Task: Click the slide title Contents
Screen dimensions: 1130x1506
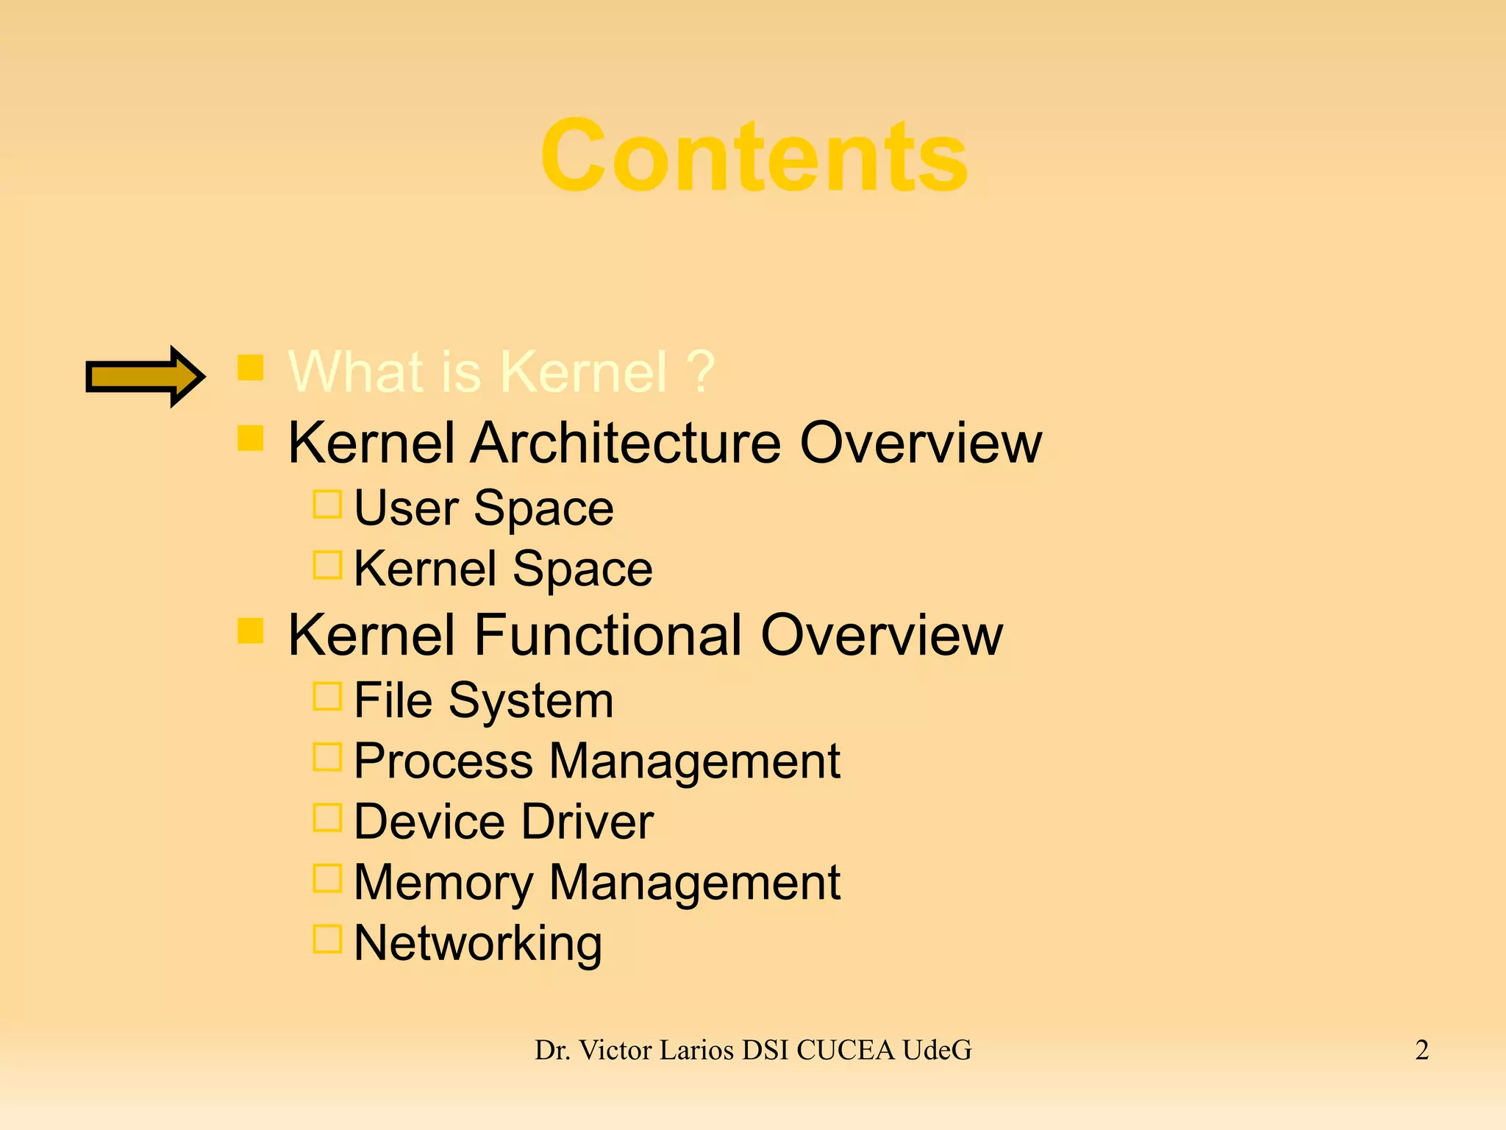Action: [754, 156]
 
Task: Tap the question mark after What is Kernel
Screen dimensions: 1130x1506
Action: [702, 372]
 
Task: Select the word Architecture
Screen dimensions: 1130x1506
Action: [625, 443]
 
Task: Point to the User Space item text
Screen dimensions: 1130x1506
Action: [483, 508]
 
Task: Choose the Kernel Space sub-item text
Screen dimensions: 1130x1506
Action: [503, 569]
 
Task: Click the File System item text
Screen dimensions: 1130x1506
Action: [483, 700]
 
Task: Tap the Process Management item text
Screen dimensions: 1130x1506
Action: [596, 761]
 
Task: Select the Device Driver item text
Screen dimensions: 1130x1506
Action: [503, 821]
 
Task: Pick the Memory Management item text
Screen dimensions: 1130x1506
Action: [596, 882]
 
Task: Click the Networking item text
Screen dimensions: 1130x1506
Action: [478, 943]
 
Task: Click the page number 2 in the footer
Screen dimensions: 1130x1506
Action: [1421, 1050]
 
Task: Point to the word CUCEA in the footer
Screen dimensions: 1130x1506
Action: [845, 1050]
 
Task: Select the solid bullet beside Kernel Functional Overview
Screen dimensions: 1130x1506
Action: [251, 630]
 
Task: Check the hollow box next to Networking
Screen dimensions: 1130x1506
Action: [327, 939]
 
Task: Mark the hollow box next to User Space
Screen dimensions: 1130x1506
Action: [327, 505]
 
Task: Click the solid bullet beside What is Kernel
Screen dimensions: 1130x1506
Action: [251, 367]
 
